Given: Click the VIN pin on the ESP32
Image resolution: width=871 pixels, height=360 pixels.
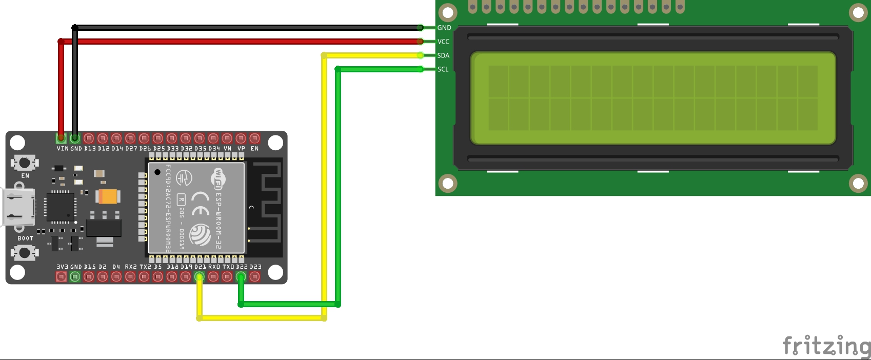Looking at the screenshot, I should pyautogui.click(x=61, y=138).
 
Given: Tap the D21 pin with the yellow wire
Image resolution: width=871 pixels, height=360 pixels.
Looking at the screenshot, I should pyautogui.click(x=200, y=277).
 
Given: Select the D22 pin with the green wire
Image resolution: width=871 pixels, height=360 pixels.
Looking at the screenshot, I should pyautogui.click(x=241, y=277).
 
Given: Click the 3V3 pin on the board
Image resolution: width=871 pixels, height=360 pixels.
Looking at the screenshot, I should pyautogui.click(x=61, y=277).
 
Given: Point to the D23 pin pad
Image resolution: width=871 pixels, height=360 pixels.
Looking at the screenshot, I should pyautogui.click(x=255, y=277).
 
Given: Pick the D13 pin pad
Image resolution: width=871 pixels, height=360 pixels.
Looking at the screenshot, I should pyautogui.click(x=89, y=138).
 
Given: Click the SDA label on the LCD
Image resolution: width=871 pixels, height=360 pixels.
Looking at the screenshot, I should pyautogui.click(x=443, y=55).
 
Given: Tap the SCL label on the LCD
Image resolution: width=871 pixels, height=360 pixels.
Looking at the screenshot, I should pyautogui.click(x=443, y=69).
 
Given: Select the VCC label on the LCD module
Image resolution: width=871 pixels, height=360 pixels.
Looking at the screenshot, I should pyautogui.click(x=443, y=42).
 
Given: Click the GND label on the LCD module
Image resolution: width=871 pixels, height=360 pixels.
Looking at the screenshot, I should pyautogui.click(x=444, y=28).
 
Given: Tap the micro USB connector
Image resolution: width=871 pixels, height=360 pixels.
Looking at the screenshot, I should pyautogui.click(x=18, y=207).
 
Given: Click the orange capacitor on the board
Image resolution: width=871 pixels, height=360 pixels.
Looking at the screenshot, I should pyautogui.click(x=108, y=196).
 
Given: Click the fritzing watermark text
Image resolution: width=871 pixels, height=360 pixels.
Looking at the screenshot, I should pyautogui.click(x=826, y=346).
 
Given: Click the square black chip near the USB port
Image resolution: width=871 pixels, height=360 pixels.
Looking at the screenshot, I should pyautogui.click(x=61, y=207).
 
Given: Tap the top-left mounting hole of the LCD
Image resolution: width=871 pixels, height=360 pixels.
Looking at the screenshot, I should pyautogui.click(x=448, y=12).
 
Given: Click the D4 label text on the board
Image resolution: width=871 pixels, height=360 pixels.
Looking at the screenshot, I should pyautogui.click(x=116, y=267).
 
